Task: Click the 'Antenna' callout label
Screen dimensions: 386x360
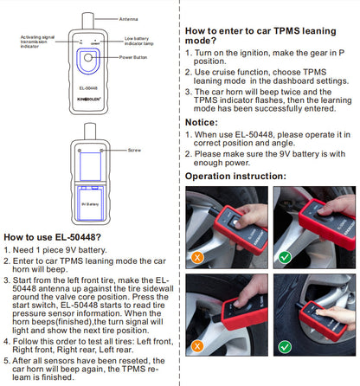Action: [x=129, y=16]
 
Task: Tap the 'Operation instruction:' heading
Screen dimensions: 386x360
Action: [x=235, y=176]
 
